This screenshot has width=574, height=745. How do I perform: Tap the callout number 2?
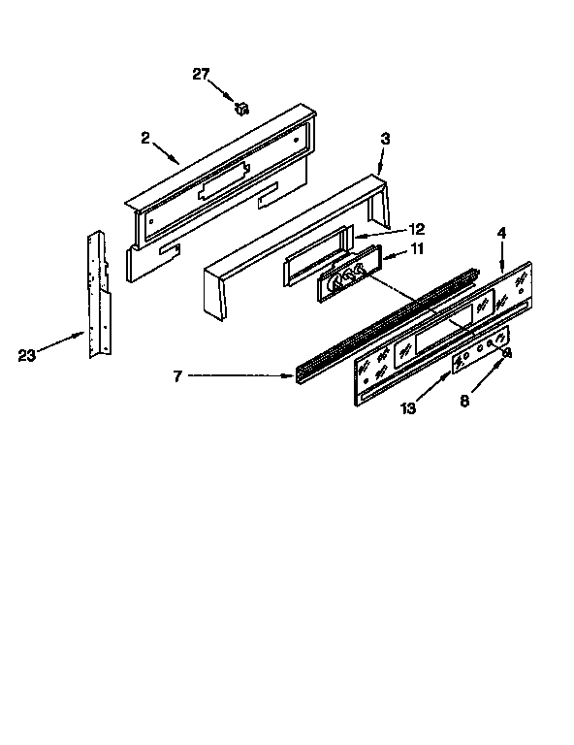point(145,137)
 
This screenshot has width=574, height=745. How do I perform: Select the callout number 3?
point(386,140)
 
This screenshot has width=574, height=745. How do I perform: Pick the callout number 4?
point(501,233)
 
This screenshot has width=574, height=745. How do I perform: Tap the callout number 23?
point(26,355)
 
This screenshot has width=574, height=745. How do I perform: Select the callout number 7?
point(178,375)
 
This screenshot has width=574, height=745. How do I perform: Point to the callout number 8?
point(464,401)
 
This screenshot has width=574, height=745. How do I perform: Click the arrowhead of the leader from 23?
point(83,334)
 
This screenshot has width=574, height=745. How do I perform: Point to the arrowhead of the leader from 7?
point(294,376)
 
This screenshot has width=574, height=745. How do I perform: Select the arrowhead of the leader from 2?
point(180,161)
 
